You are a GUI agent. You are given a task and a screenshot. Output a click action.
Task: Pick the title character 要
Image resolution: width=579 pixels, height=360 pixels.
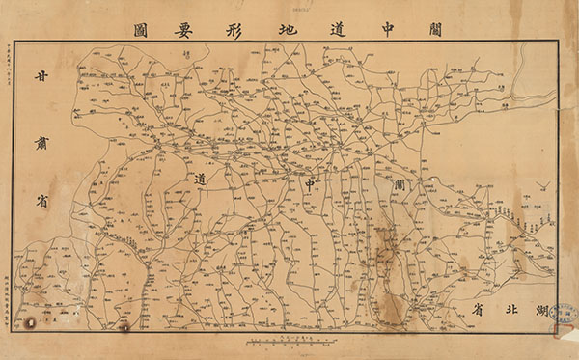(160, 26)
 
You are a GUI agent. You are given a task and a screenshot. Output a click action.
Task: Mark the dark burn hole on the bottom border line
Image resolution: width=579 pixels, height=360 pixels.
(126, 327)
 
